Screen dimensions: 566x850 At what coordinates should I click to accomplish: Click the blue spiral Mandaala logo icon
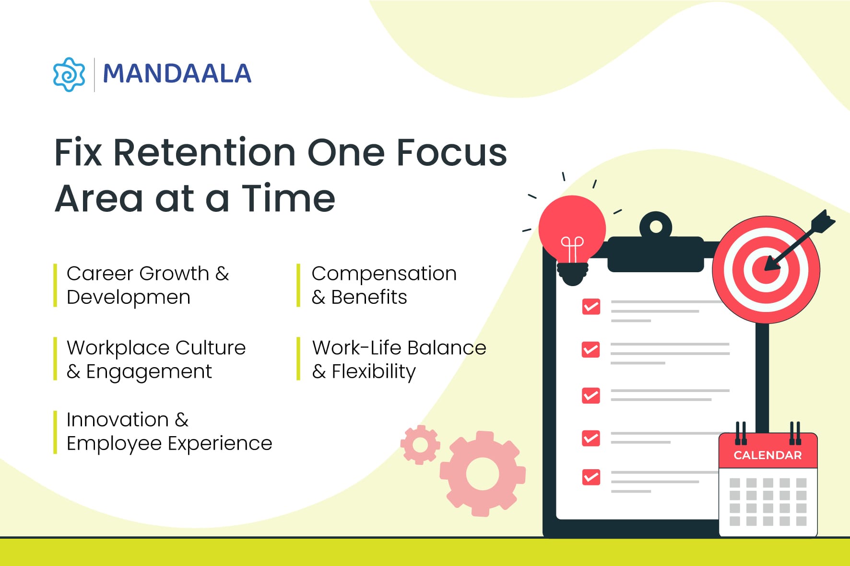(x=69, y=74)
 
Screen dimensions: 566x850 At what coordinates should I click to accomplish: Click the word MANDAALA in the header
(x=177, y=74)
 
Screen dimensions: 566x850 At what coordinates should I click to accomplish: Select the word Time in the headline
(x=288, y=198)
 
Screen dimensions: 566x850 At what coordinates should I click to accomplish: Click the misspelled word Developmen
(x=129, y=298)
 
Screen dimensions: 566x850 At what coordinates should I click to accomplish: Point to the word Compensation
(x=384, y=274)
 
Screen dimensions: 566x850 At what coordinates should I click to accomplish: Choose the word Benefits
(x=369, y=297)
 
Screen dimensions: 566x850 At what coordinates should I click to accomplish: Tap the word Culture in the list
(x=211, y=347)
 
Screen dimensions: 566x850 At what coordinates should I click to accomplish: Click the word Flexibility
(x=374, y=371)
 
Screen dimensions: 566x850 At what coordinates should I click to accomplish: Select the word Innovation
(x=118, y=420)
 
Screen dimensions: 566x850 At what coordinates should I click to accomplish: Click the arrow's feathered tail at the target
(x=823, y=221)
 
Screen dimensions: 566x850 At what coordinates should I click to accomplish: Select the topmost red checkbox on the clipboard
(x=591, y=307)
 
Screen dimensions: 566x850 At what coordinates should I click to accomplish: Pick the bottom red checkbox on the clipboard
(x=591, y=477)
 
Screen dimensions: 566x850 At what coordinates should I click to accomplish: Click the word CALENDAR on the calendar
(x=767, y=455)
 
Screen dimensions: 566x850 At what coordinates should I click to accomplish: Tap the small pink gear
(x=420, y=445)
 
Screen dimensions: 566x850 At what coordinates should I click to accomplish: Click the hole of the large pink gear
(x=483, y=474)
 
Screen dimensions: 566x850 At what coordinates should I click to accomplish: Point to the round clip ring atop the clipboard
(x=655, y=226)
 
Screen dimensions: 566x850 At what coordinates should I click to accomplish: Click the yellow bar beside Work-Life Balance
(x=298, y=359)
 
